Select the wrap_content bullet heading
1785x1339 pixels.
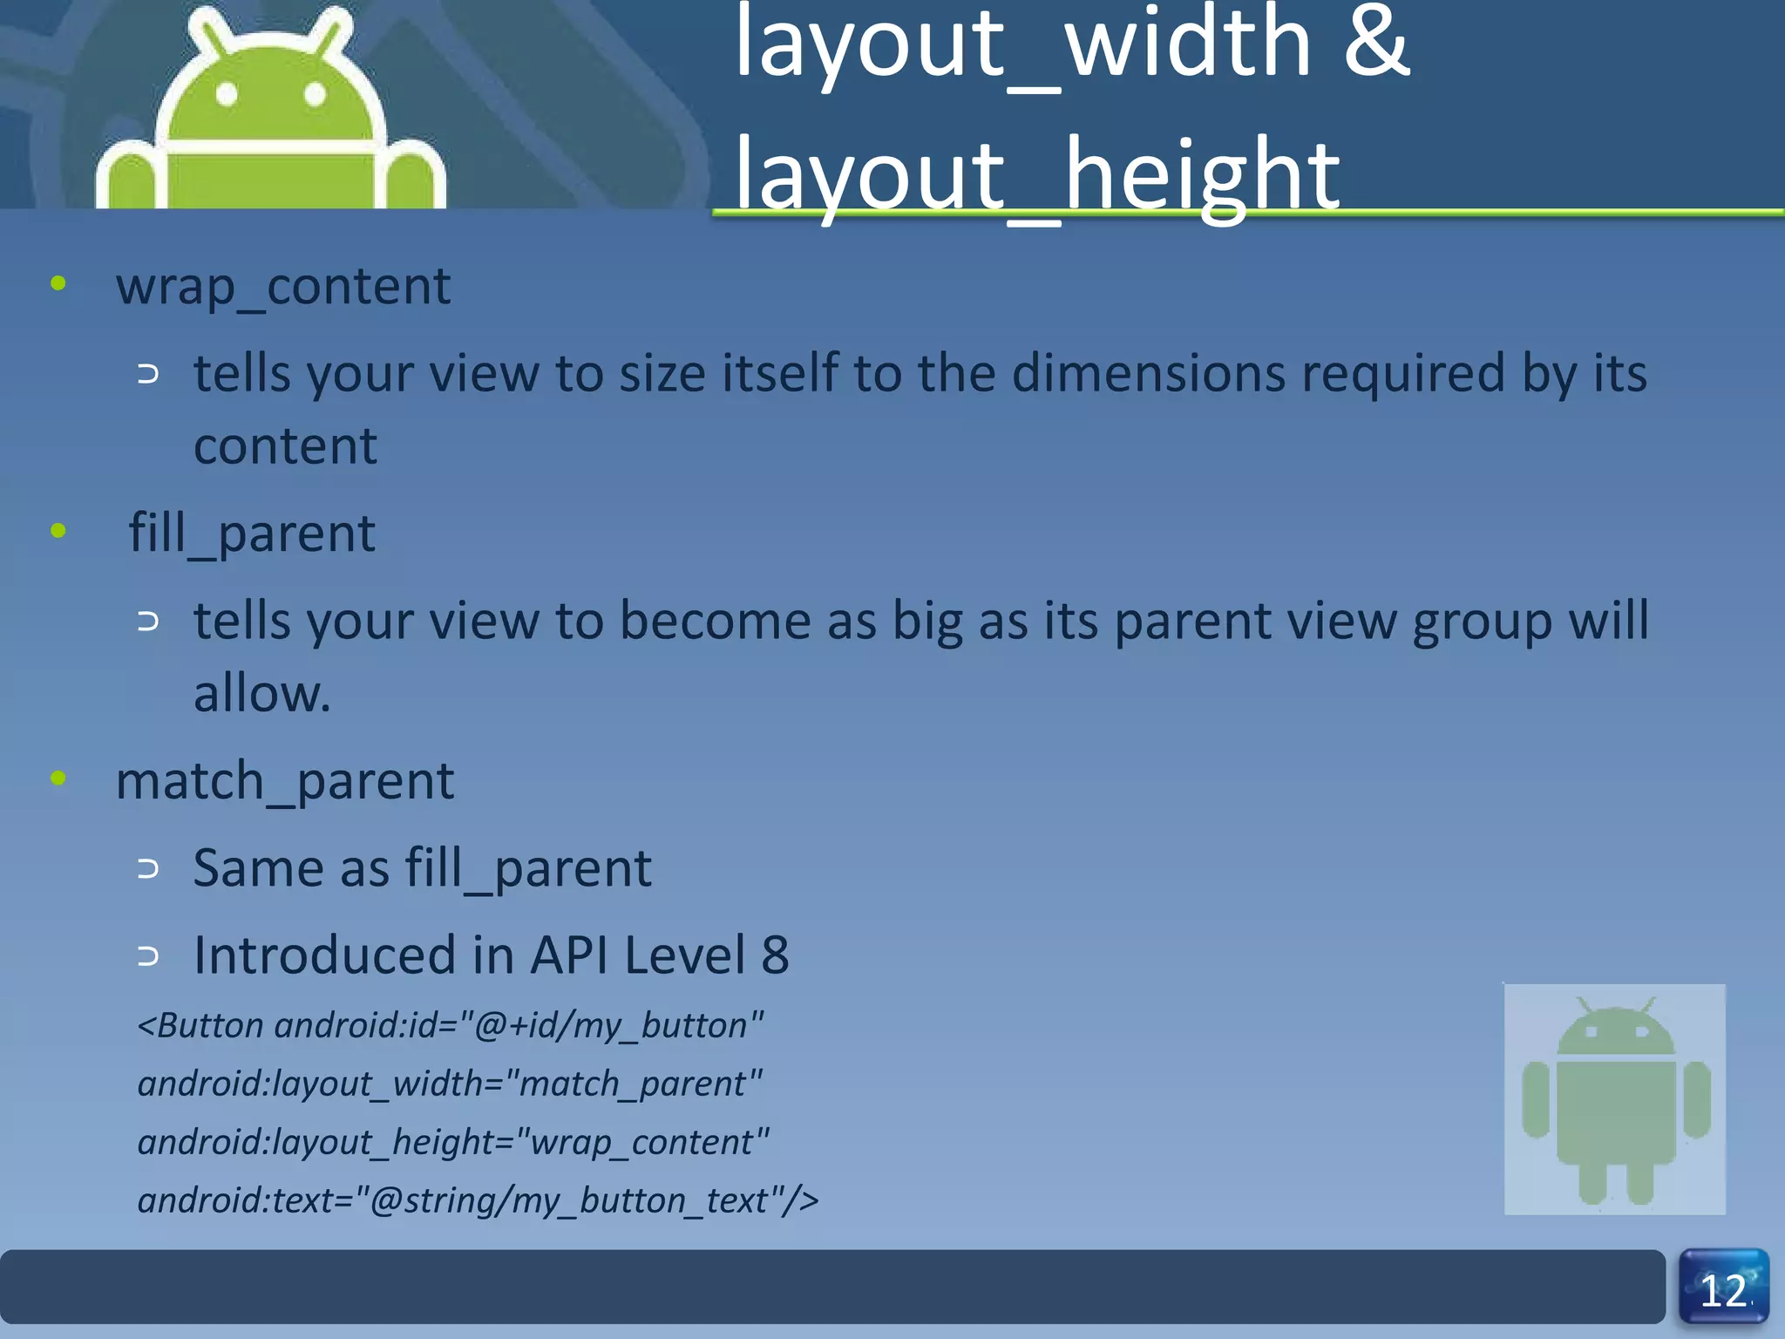283,286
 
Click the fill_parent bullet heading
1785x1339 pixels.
252,533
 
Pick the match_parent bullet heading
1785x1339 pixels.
284,780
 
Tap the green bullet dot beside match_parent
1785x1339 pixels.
58,778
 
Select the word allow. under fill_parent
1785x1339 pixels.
261,694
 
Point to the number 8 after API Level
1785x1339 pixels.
775,955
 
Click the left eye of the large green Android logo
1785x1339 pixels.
227,94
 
